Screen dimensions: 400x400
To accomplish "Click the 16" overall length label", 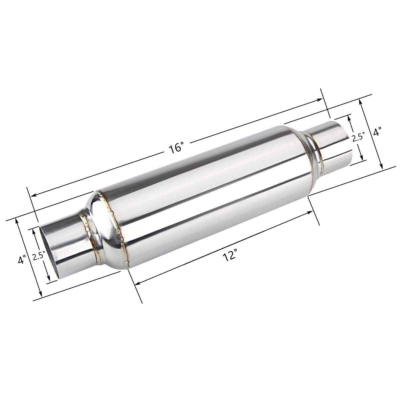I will point(176,147).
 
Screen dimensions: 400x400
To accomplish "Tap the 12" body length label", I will point(228,256).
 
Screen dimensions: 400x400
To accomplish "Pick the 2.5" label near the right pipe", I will point(358,137).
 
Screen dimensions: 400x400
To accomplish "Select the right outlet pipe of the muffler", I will point(330,140).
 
